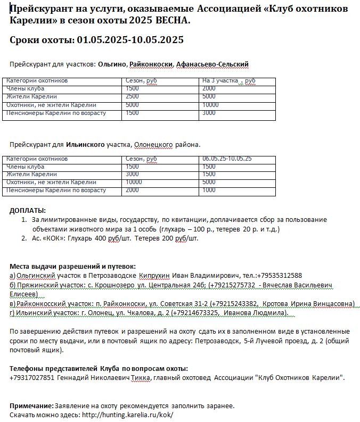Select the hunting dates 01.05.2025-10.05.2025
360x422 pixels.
130,40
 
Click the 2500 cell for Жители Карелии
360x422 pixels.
132,97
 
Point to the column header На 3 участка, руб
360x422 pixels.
228,81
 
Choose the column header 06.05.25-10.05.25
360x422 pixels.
227,159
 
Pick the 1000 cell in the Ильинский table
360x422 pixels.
209,190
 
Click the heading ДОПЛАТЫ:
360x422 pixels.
28,210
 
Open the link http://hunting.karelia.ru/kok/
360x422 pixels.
127,415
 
